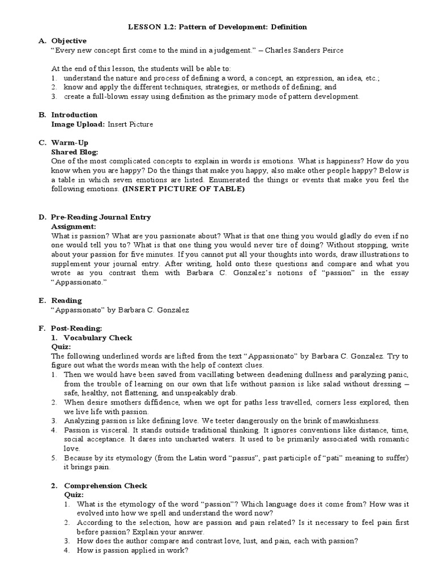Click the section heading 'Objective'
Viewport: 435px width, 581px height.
(69, 41)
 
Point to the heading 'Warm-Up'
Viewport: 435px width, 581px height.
(70, 143)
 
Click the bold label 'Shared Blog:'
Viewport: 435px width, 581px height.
(75, 152)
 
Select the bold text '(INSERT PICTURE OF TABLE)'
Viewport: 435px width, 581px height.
(184, 189)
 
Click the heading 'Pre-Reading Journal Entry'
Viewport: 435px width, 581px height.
(101, 217)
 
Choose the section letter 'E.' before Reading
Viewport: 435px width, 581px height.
(42, 301)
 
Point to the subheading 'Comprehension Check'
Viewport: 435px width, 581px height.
(105, 486)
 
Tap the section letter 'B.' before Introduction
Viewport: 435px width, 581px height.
(42, 115)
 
